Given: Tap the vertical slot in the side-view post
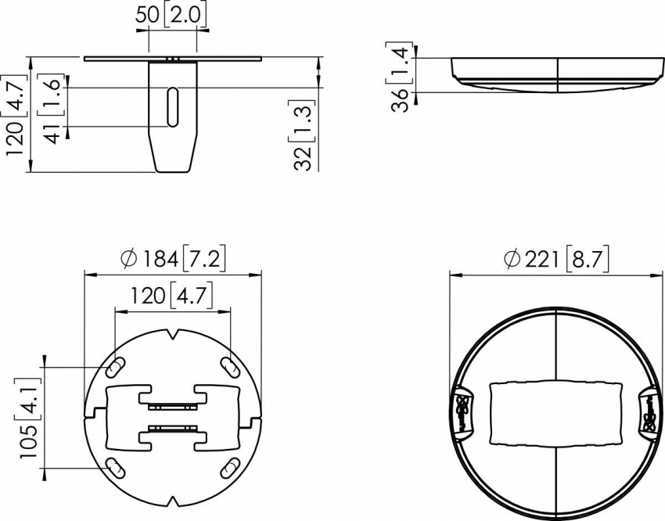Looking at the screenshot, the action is tap(173, 107).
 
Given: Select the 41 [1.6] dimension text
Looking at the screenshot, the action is tap(52, 109).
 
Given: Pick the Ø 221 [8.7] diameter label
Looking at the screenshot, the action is tap(556, 259).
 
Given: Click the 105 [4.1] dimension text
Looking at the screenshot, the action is tap(30, 418).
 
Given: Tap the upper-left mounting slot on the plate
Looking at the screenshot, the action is tap(115, 367).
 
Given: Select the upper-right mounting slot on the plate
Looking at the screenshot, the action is tap(230, 367).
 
